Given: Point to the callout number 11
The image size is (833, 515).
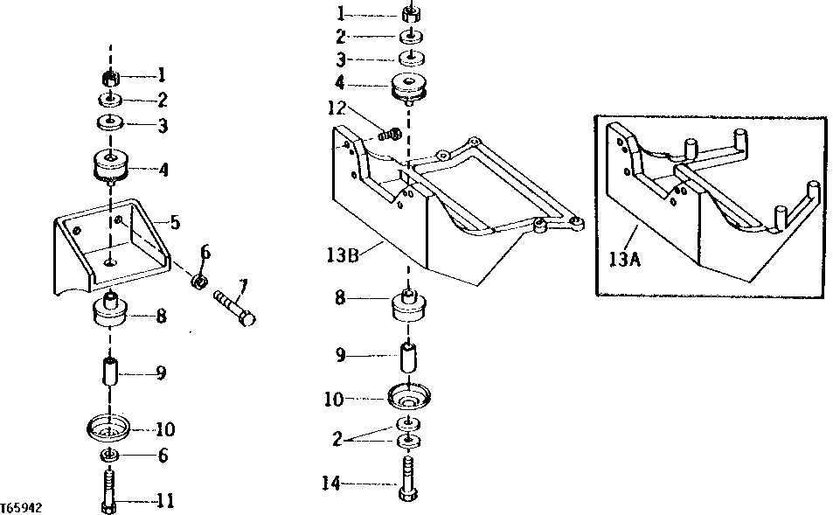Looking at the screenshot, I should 165,501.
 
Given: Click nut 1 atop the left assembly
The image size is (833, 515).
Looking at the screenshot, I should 112,80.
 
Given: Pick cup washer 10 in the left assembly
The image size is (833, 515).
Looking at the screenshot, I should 109,430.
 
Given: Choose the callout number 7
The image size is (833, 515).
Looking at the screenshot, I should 244,284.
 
